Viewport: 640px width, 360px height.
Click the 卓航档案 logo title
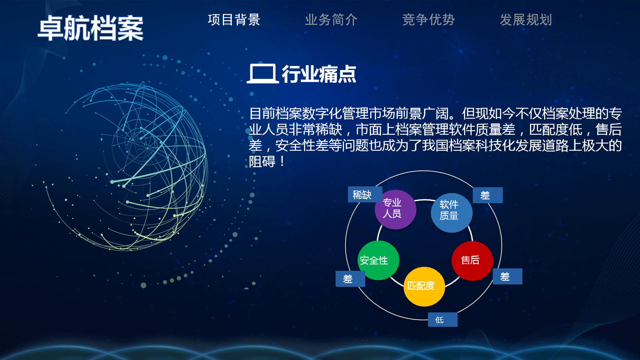[90, 28]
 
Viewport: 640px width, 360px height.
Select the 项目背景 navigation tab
[234, 20]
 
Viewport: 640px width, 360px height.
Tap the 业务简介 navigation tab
[331, 20]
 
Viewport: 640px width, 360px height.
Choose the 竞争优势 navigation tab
[428, 20]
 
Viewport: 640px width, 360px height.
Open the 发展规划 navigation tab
[526, 20]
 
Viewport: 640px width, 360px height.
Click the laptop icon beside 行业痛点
[262, 74]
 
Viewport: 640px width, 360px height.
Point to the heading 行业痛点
[319, 74]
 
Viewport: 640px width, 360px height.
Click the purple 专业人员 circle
[396, 210]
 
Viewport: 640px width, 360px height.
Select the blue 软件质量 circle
[452, 212]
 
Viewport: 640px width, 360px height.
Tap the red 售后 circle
[472, 260]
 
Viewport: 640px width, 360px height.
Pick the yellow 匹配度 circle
[424, 286]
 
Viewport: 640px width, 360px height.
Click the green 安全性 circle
[378, 260]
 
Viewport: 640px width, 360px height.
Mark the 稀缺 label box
[365, 194]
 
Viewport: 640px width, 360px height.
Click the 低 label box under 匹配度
[442, 320]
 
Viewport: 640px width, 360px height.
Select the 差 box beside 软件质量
[488, 195]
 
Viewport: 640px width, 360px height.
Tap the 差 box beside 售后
[508, 276]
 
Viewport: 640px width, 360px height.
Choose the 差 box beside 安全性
[350, 278]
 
